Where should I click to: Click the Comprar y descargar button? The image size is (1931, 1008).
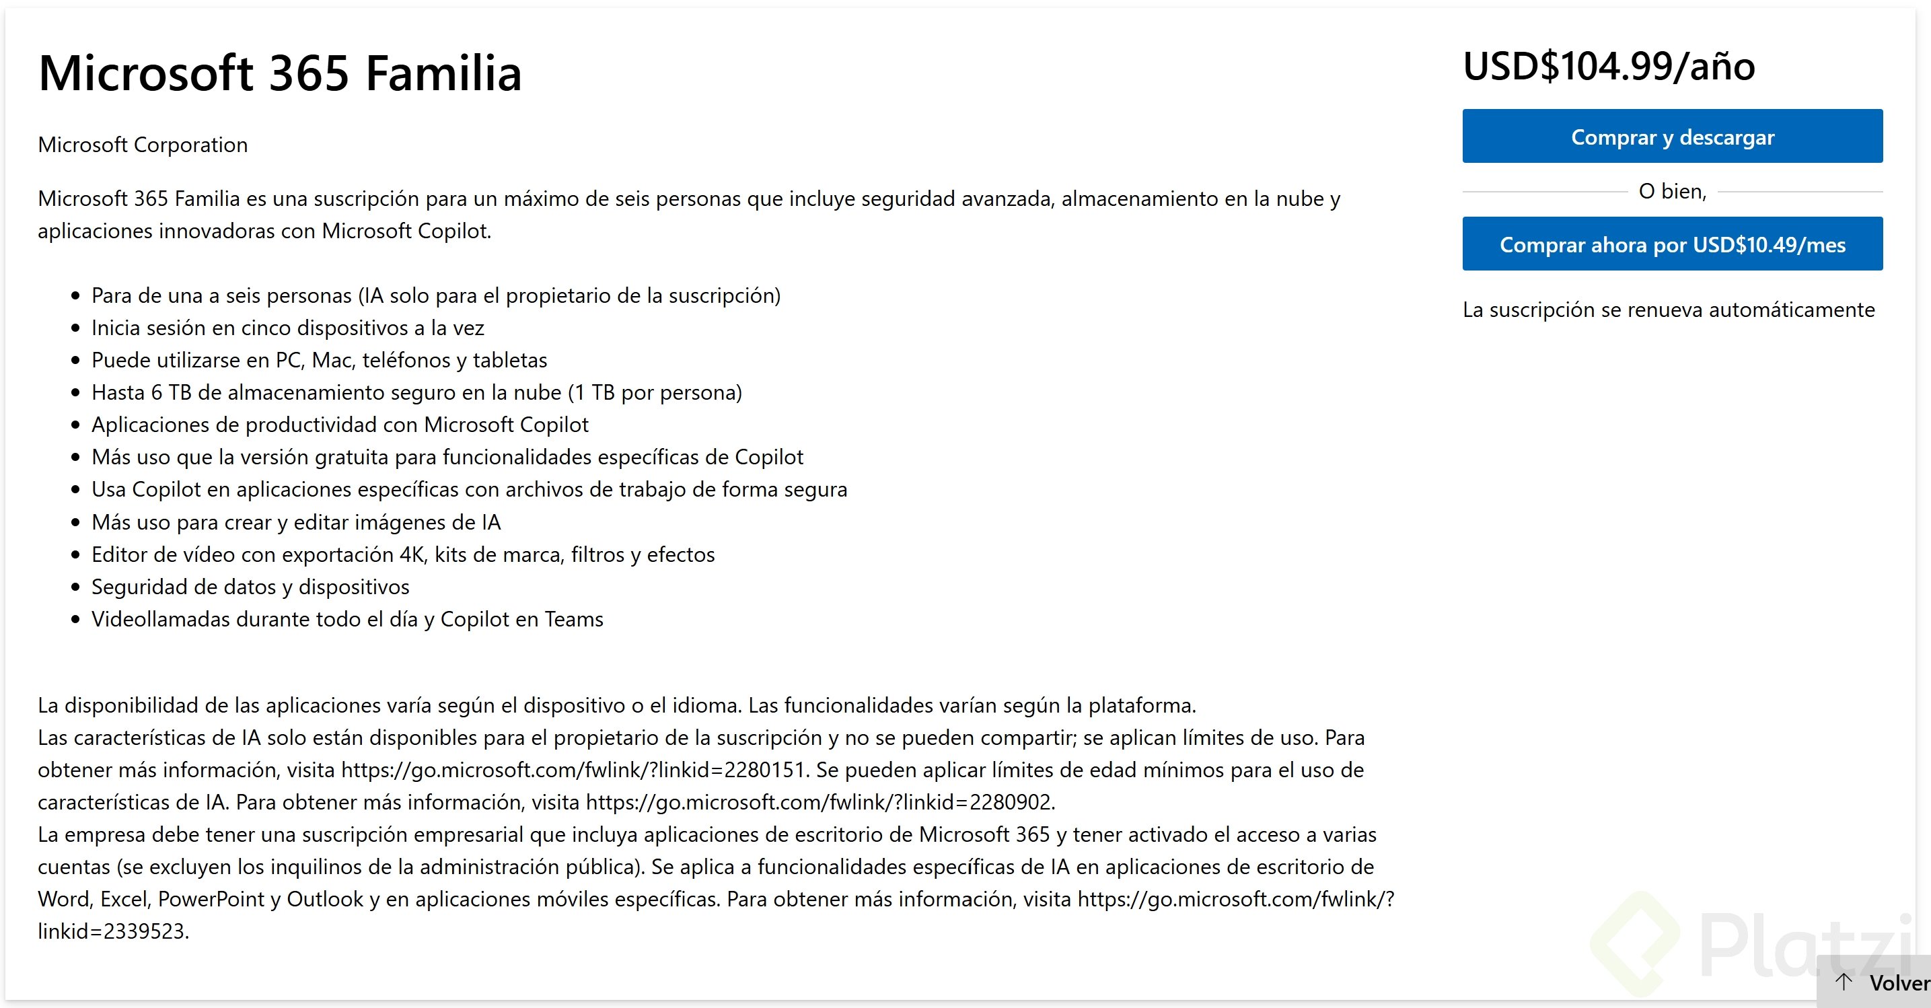coord(1672,137)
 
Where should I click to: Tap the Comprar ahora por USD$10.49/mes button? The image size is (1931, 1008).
coord(1672,244)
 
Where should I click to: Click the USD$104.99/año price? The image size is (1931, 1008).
coord(1608,67)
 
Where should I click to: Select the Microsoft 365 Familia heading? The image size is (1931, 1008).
coord(280,73)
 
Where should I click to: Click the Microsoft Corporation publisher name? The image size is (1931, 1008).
coord(143,145)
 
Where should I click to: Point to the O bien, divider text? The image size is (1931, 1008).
coord(1672,192)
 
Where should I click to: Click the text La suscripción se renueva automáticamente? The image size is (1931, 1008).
coord(1668,310)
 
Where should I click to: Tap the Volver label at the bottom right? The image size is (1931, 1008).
coord(1898,983)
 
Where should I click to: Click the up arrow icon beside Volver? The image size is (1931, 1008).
coord(1844,982)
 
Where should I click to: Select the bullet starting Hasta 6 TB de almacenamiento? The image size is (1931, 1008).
coord(416,393)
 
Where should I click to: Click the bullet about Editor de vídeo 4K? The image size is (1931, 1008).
coord(402,554)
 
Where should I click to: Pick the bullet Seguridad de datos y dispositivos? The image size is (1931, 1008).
coord(250,587)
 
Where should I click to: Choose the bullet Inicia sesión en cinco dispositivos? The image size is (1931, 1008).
coord(288,328)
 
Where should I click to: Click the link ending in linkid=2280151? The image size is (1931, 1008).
coord(573,770)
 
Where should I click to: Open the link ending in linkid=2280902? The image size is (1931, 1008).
coord(819,803)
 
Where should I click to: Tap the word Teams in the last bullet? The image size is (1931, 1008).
coord(573,620)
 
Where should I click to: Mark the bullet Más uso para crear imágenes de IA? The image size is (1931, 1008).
coord(296,522)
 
